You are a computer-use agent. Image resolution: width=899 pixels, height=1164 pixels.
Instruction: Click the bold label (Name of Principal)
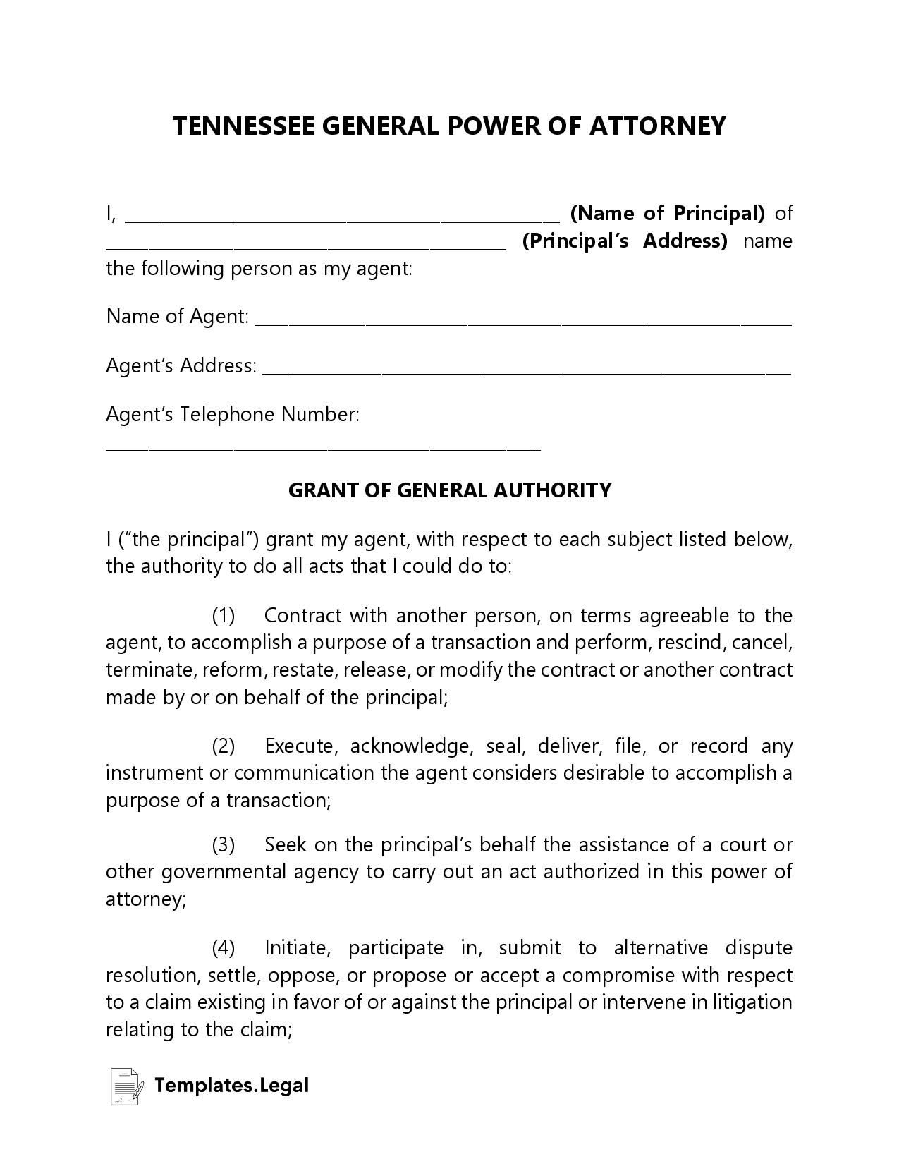(x=667, y=212)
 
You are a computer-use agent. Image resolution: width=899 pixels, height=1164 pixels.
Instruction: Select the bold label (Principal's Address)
(x=624, y=241)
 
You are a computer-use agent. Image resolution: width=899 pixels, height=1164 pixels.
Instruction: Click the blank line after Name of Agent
(x=522, y=324)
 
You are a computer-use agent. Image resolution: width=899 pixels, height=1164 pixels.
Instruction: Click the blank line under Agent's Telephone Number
(x=323, y=449)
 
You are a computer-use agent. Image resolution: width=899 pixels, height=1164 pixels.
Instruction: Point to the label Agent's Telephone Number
(x=233, y=414)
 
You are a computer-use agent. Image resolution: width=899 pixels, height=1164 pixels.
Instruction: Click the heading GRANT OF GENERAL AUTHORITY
(x=450, y=490)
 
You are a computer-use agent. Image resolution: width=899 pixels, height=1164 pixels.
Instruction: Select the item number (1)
(x=224, y=615)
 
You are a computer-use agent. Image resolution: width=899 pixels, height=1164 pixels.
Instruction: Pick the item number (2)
(x=224, y=746)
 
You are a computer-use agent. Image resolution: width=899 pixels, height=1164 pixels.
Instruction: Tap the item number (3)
(x=224, y=844)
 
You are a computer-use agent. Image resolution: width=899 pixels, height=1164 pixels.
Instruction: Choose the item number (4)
(x=224, y=947)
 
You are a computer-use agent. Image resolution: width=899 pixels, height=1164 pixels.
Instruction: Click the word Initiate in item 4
(x=297, y=947)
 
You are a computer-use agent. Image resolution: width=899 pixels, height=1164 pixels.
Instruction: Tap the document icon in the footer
(x=126, y=1086)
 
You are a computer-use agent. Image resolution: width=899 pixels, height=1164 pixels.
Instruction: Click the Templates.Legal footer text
(x=231, y=1085)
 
